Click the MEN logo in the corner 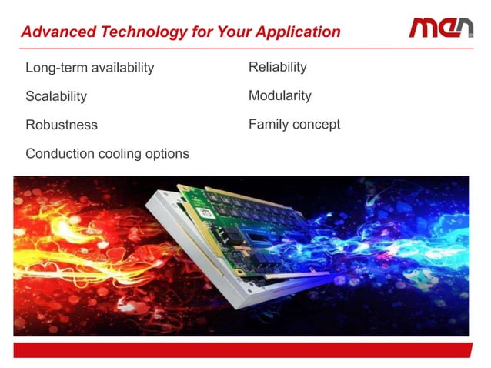point(441,28)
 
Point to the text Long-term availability point(89,68)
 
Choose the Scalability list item point(56,96)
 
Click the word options point(169,153)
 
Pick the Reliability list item point(277,67)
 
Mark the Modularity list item point(279,95)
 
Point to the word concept point(317,125)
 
